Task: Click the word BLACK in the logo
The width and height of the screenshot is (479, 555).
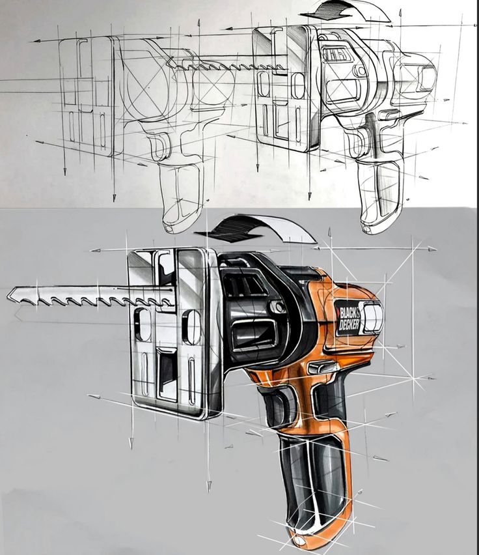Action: [x=349, y=313]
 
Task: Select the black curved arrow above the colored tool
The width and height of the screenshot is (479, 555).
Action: [x=254, y=229]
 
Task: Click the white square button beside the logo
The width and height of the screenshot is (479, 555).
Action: [x=373, y=318]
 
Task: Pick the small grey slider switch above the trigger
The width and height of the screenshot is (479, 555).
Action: [x=322, y=367]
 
